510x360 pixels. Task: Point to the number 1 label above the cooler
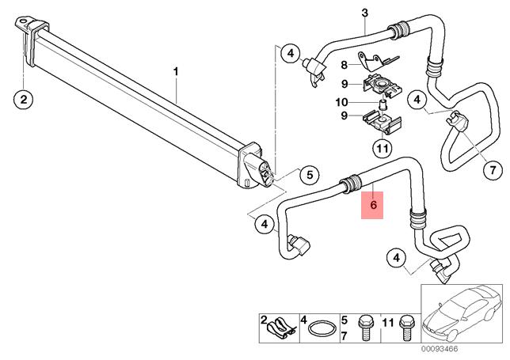pos(176,73)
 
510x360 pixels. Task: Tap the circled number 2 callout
pos(24,100)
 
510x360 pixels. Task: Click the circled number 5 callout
pos(310,175)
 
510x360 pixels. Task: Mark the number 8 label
pos(344,65)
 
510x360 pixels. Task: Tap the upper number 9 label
pos(344,84)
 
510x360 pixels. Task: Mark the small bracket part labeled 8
pos(376,59)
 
